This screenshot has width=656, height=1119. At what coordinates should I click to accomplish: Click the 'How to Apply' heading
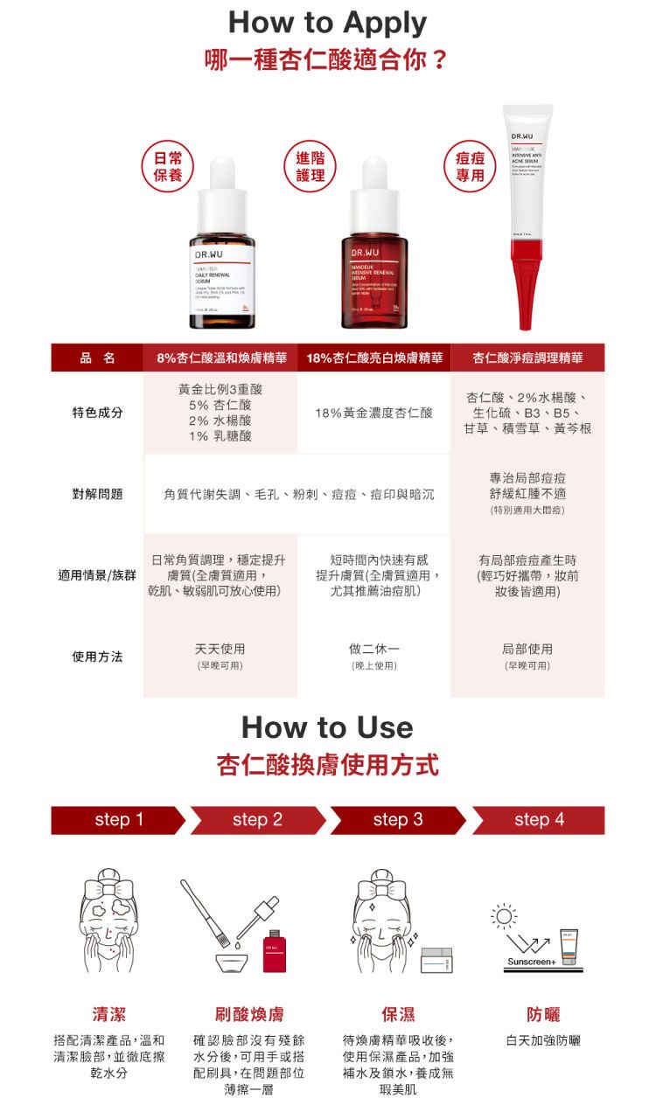click(x=327, y=23)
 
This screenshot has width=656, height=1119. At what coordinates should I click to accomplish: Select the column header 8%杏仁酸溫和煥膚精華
click(x=221, y=358)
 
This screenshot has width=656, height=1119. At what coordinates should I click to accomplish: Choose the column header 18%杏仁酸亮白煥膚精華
click(x=374, y=358)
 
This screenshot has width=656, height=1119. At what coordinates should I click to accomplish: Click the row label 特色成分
click(x=97, y=412)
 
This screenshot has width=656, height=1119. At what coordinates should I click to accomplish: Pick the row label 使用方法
click(x=97, y=657)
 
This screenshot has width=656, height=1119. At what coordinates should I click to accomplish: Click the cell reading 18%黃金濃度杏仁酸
click(x=374, y=412)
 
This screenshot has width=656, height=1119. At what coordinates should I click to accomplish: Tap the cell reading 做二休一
click(x=374, y=649)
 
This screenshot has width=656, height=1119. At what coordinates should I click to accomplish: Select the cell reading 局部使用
click(x=527, y=649)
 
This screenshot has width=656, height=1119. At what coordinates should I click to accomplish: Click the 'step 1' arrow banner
click(x=118, y=820)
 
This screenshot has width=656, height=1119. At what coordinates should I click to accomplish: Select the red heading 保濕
click(x=398, y=1014)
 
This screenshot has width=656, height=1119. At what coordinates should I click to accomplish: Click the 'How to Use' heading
click(x=327, y=727)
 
